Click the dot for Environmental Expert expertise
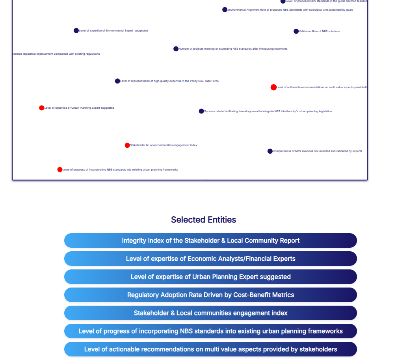tap(76, 31)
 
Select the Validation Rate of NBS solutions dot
tap(296, 32)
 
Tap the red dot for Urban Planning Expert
tap(42, 108)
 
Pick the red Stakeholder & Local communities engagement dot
tap(127, 145)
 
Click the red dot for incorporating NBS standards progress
tap(60, 170)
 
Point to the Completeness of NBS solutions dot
tap(270, 151)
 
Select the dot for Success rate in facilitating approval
tap(201, 111)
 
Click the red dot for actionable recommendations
tap(273, 87)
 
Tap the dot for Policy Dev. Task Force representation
tap(117, 81)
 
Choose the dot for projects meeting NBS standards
tap(176, 49)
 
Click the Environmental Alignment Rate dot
tap(225, 10)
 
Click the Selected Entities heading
tap(203, 220)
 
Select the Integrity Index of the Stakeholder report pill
tap(210, 241)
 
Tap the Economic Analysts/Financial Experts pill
tap(210, 259)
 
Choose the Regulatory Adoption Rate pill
tap(210, 295)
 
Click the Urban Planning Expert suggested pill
tap(210, 277)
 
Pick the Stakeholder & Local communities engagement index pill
tap(210, 313)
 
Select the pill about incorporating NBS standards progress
tap(210, 331)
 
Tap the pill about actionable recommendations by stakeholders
tap(210, 349)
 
